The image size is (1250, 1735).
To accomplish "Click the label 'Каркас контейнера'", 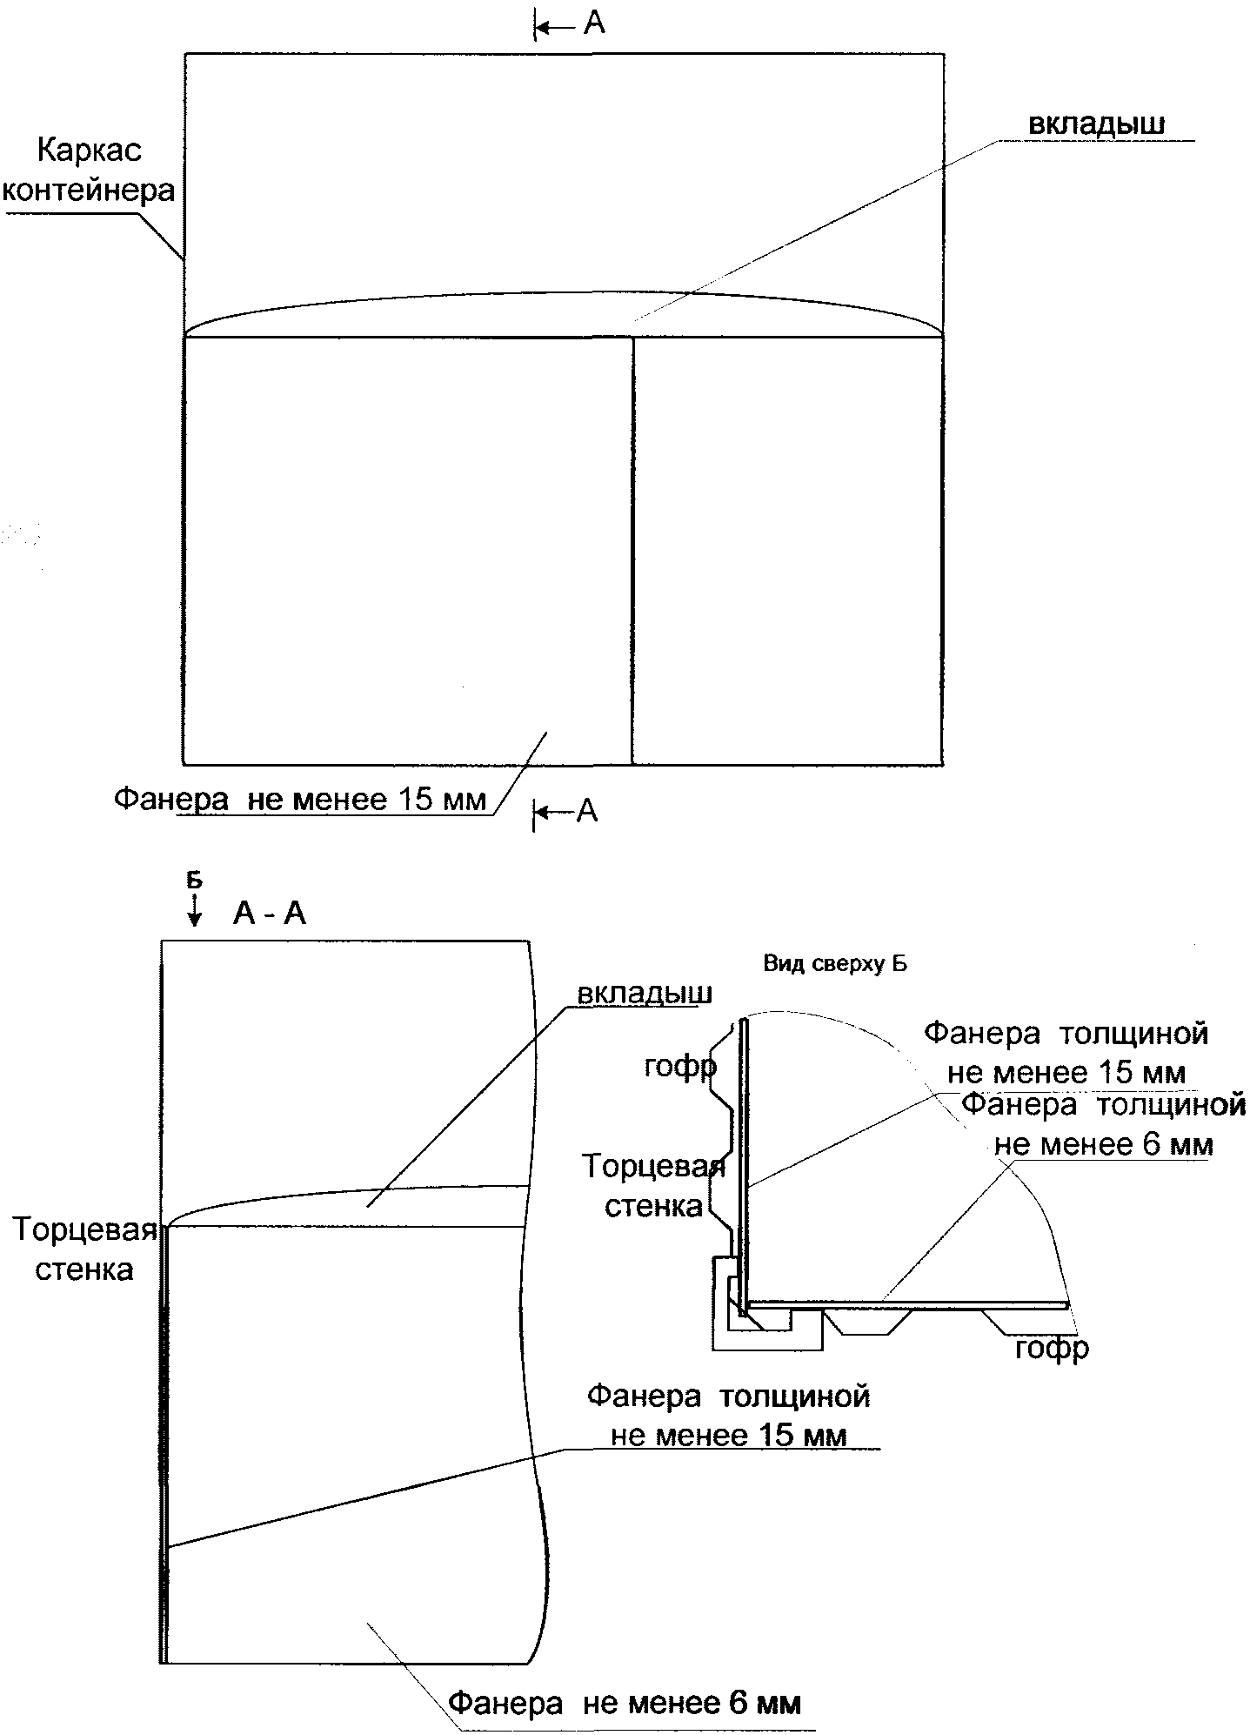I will (89, 171).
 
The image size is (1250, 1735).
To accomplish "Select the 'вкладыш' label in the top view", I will (1096, 124).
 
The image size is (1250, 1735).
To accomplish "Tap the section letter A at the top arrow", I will (594, 23).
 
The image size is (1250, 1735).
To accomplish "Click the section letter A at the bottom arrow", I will (588, 811).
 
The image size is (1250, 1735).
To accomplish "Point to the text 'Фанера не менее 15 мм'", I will (300, 799).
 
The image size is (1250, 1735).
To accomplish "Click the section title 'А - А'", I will (270, 914).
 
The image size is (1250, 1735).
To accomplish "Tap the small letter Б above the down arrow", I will (195, 880).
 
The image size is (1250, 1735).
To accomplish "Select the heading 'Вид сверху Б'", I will (835, 963).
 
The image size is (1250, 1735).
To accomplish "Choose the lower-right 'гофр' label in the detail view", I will (1052, 1349).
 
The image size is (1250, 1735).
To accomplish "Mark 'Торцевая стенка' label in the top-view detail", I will (653, 1186).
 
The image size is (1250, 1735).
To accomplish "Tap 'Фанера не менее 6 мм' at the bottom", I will (624, 1702).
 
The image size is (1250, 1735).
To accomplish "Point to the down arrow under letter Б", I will (195, 908).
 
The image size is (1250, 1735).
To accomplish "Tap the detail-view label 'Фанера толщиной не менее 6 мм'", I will (1103, 1124).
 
